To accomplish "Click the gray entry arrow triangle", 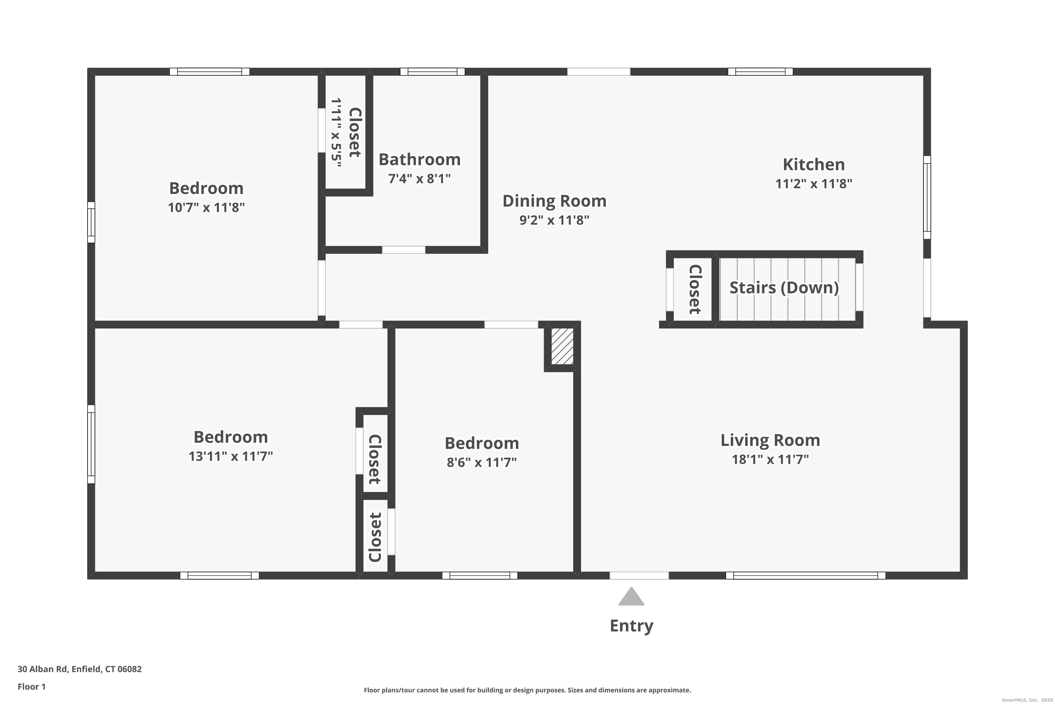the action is pyautogui.click(x=631, y=597).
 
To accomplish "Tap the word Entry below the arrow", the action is pyautogui.click(x=632, y=626).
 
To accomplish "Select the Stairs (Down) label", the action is pyautogui.click(x=784, y=288).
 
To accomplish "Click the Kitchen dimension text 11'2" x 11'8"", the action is pyautogui.click(x=814, y=184).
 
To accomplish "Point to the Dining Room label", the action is pyautogui.click(x=555, y=201).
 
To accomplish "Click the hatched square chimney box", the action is pyautogui.click(x=562, y=346).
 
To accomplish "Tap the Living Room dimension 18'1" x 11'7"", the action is pyautogui.click(x=770, y=459).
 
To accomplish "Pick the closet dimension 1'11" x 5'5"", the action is pyautogui.click(x=336, y=132).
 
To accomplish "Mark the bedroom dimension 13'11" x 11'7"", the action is pyautogui.click(x=231, y=456).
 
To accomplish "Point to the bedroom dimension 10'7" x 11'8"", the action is pyautogui.click(x=206, y=207).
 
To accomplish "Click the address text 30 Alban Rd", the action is pyautogui.click(x=43, y=669).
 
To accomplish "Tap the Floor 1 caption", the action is pyautogui.click(x=31, y=686).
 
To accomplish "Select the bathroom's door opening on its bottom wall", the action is pyautogui.click(x=404, y=250).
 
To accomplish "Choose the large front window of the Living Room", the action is pyautogui.click(x=806, y=576).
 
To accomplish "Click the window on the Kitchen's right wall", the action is pyautogui.click(x=927, y=197).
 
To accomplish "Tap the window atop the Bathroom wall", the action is pyautogui.click(x=433, y=72).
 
